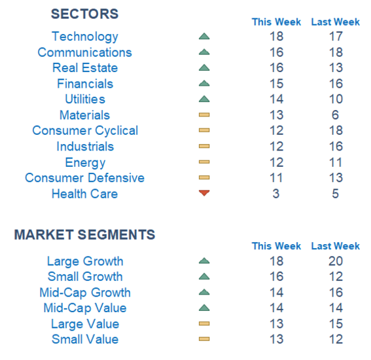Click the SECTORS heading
pyautogui.click(x=84, y=14)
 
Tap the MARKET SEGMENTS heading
pyautogui.click(x=84, y=234)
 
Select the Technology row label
pyautogui.click(x=85, y=37)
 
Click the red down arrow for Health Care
pyautogui.click(x=204, y=193)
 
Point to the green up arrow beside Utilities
pyautogui.click(x=204, y=99)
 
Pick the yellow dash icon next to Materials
pyautogui.click(x=204, y=115)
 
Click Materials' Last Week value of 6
pyautogui.click(x=335, y=115)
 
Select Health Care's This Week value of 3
pyautogui.click(x=276, y=194)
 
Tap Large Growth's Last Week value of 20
pyautogui.click(x=336, y=261)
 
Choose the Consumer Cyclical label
pyautogui.click(x=85, y=131)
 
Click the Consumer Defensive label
pyautogui.click(x=84, y=178)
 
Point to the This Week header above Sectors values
pyautogui.click(x=276, y=22)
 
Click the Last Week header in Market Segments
pyautogui.click(x=335, y=246)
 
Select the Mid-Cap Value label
pyautogui.click(x=85, y=308)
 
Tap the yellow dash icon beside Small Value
pyautogui.click(x=204, y=339)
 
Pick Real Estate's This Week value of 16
pyautogui.click(x=276, y=67)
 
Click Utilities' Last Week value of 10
pyautogui.click(x=336, y=99)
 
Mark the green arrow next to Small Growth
pyautogui.click(x=204, y=276)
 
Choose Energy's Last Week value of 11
pyautogui.click(x=335, y=162)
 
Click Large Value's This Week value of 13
pyautogui.click(x=276, y=323)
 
